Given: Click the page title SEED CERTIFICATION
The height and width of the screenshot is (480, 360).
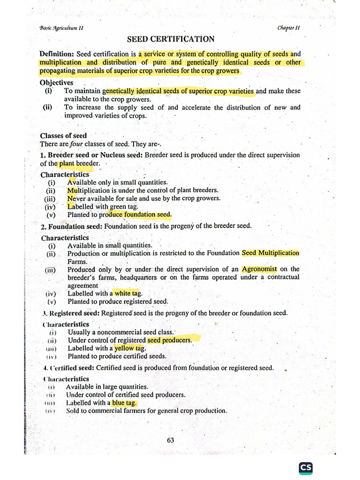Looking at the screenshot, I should [x=171, y=39].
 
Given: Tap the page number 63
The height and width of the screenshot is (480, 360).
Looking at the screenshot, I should [x=171, y=440].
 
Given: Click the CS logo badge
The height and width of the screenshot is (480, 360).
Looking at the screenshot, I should [x=306, y=468].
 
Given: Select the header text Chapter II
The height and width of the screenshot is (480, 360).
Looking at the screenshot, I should [x=289, y=28].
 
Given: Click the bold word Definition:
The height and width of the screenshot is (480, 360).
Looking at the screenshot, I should [x=57, y=54].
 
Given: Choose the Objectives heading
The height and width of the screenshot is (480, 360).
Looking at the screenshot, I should [x=56, y=83].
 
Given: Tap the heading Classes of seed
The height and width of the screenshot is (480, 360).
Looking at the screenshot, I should [x=63, y=136].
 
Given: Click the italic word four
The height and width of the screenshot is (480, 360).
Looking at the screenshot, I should [x=76, y=144].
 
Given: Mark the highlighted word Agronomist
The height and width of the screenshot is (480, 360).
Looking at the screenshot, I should [x=259, y=269].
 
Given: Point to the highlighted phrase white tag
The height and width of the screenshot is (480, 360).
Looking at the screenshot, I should [x=128, y=293].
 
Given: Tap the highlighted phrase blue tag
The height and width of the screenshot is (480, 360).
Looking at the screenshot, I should [x=124, y=403].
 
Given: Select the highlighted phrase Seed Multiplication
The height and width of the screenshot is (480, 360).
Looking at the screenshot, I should [x=270, y=253].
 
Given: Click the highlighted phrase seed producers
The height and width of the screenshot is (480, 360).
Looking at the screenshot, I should [x=169, y=340].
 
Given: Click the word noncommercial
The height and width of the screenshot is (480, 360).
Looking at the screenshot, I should [x=129, y=332].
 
